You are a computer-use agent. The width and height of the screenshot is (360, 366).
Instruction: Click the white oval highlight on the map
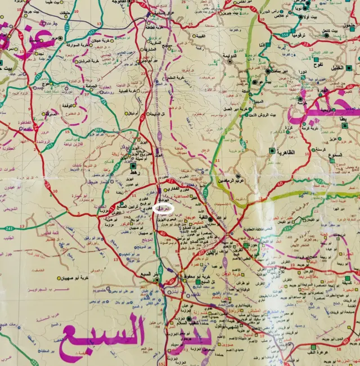click(x=164, y=208)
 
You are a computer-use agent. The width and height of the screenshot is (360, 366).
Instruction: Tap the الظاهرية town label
click(x=287, y=151)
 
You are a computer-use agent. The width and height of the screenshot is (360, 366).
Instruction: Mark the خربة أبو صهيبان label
click(x=76, y=278)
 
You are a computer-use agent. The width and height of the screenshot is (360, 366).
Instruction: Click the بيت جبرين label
click(x=226, y=12)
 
